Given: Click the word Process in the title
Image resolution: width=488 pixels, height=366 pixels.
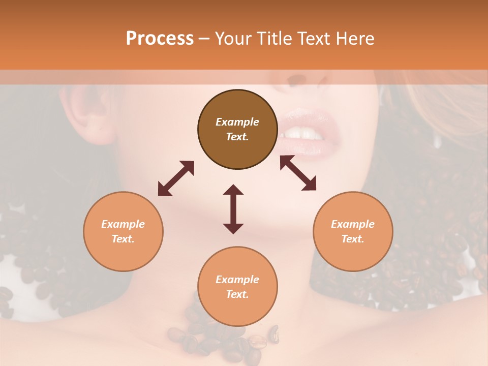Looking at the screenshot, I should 160,38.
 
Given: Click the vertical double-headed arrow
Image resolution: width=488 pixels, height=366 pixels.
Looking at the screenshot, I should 233,209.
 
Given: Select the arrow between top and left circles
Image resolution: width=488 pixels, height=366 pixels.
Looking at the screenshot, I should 176,178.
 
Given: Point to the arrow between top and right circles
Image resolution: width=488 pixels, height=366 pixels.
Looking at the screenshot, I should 298,173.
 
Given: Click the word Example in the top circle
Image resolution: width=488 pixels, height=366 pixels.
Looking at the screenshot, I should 237,122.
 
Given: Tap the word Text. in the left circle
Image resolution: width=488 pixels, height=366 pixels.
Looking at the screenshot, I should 123,239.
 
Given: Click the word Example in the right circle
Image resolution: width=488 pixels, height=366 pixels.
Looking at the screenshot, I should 353,224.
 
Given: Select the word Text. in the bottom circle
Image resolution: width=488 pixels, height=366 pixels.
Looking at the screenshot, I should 237,294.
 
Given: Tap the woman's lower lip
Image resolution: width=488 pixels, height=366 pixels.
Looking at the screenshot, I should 305,146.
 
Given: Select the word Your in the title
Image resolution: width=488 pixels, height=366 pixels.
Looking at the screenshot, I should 232,38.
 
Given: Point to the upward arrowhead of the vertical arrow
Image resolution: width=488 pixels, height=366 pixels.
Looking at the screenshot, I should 233,189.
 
